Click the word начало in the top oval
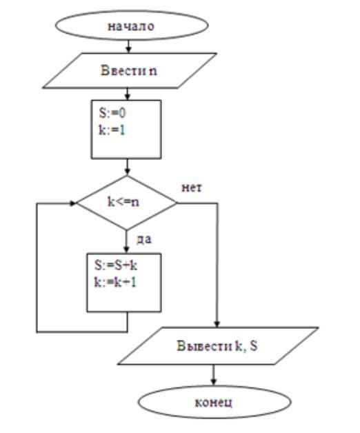click(x=130, y=26)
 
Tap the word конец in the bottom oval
click(x=214, y=403)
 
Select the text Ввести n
click(x=129, y=70)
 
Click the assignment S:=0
click(x=112, y=112)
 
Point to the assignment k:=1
click(x=112, y=130)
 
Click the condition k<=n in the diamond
click(x=123, y=202)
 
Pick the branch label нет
click(x=192, y=188)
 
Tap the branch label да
click(x=144, y=239)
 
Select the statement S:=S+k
click(x=116, y=265)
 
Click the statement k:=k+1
click(x=115, y=282)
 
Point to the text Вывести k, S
click(x=217, y=345)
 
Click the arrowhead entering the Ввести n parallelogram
click(x=128, y=50)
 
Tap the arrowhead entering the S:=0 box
click(x=127, y=97)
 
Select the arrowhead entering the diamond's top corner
click(x=127, y=172)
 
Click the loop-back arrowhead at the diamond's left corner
click(x=73, y=203)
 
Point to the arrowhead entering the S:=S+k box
click(x=126, y=250)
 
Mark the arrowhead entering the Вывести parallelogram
click(x=217, y=324)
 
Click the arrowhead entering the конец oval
click(x=213, y=381)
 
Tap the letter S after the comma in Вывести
click(x=254, y=345)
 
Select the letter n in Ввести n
click(x=153, y=71)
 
